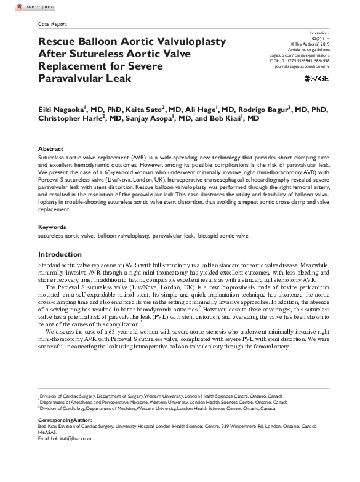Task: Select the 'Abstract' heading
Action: [50, 149]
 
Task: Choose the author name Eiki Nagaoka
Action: [60, 109]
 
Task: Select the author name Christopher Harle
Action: [70, 119]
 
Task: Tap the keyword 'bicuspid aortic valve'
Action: [223, 236]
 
